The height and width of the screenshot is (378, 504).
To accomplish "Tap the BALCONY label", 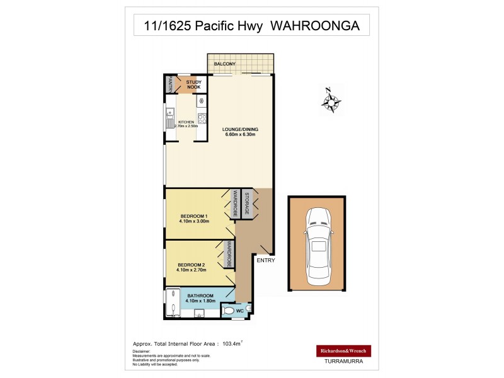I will [225, 64].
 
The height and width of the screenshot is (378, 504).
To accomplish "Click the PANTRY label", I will [169, 84].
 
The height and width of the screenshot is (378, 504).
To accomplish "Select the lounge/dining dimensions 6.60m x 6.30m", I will [240, 134].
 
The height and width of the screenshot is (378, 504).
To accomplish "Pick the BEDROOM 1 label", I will [193, 216].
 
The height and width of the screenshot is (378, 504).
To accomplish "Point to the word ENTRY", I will [265, 259].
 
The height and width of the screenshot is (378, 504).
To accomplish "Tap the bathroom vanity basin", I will [198, 313].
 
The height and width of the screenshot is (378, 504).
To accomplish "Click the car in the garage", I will [317, 246].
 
